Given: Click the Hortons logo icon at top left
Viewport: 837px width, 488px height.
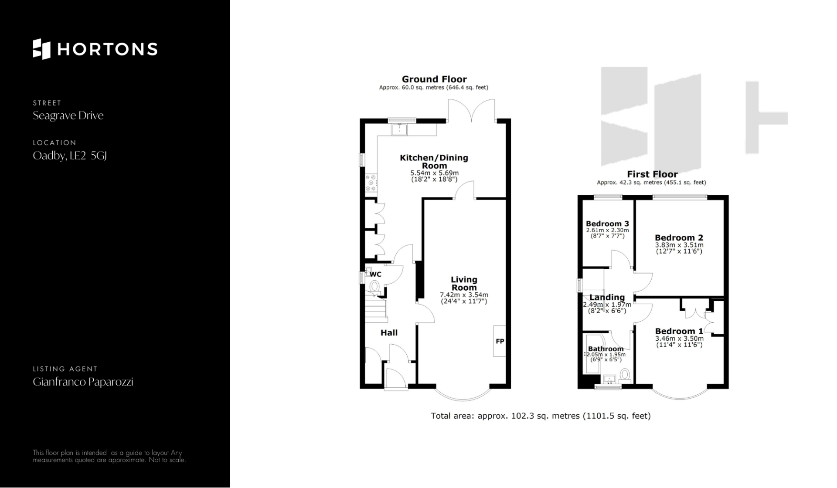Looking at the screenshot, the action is (42, 49).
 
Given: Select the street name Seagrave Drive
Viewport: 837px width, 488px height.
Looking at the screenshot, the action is (68, 115).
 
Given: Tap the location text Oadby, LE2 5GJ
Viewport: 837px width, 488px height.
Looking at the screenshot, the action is (70, 156).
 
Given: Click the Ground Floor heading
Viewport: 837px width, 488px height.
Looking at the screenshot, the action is (434, 79).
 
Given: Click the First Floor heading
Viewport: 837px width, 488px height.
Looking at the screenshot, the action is (652, 174).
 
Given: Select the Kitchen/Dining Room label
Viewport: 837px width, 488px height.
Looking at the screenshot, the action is (434, 162).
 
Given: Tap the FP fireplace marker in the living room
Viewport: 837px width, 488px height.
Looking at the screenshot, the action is (500, 341).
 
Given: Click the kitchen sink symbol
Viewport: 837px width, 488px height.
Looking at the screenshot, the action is (399, 129).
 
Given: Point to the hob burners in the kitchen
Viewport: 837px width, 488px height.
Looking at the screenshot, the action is (371, 183).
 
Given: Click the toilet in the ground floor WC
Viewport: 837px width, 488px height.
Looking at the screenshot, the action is (374, 286).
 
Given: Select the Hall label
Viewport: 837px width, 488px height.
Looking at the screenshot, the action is (389, 333).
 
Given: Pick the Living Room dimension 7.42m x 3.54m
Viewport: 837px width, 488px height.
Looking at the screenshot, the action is (464, 295).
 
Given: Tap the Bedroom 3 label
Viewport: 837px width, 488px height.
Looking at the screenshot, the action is (607, 224).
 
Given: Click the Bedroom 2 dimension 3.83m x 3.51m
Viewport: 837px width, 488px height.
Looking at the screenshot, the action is (679, 245).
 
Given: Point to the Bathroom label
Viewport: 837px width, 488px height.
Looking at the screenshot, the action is (606, 349).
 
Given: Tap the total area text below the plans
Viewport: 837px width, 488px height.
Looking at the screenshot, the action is (541, 416).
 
